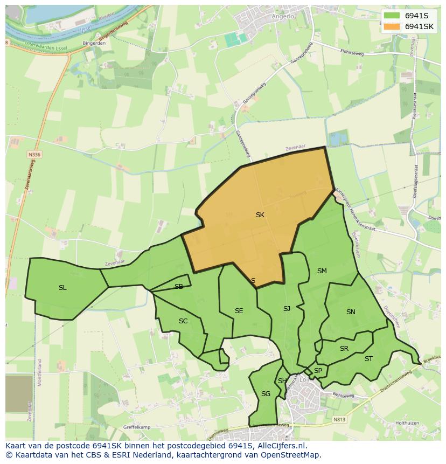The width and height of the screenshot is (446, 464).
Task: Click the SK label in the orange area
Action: coord(260,214)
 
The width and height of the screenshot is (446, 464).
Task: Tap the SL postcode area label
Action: coord(62,287)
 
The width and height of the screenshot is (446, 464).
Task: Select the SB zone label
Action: coord(179,286)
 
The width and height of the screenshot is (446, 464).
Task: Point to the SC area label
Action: coord(183,321)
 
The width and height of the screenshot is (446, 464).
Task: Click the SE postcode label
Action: coord(239,310)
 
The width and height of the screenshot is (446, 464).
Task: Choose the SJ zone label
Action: coord(287,308)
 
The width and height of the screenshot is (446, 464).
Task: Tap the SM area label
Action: coord(322,271)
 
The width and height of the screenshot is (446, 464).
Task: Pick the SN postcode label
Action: coord(351,311)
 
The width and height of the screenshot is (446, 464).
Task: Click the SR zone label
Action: coord(344,348)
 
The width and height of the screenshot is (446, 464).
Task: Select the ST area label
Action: coord(368,358)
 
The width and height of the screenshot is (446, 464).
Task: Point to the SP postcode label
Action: coord(318,370)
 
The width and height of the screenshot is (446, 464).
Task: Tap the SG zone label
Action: coord(266,393)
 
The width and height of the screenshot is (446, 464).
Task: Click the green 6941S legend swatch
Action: coord(392,16)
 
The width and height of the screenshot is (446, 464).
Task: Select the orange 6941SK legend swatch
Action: coord(392,26)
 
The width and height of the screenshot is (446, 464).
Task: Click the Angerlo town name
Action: coord(283,17)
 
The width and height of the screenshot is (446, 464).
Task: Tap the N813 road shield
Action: coord(339,419)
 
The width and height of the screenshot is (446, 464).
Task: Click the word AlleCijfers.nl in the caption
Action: coord(280,446)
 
